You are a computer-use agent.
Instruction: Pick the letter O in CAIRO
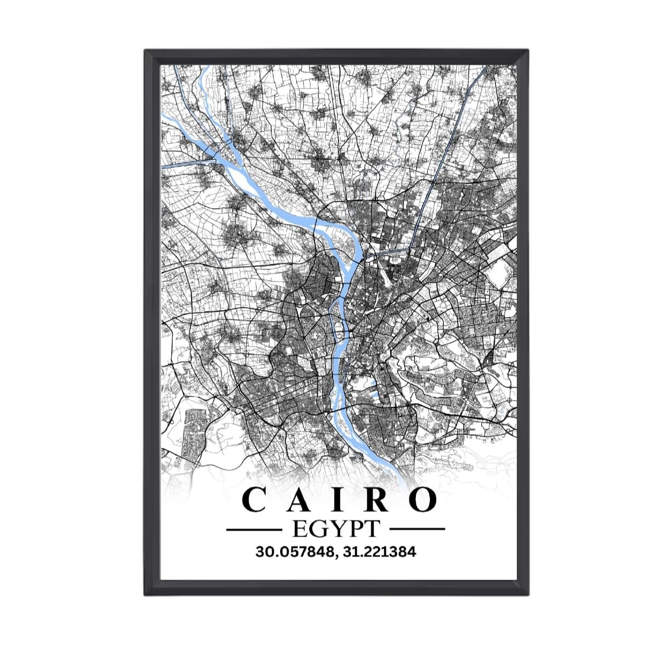420,500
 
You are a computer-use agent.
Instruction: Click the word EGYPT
335,529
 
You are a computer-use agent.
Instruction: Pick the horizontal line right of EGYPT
417,530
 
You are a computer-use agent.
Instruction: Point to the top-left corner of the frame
145,50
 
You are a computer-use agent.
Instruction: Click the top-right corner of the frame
527,50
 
